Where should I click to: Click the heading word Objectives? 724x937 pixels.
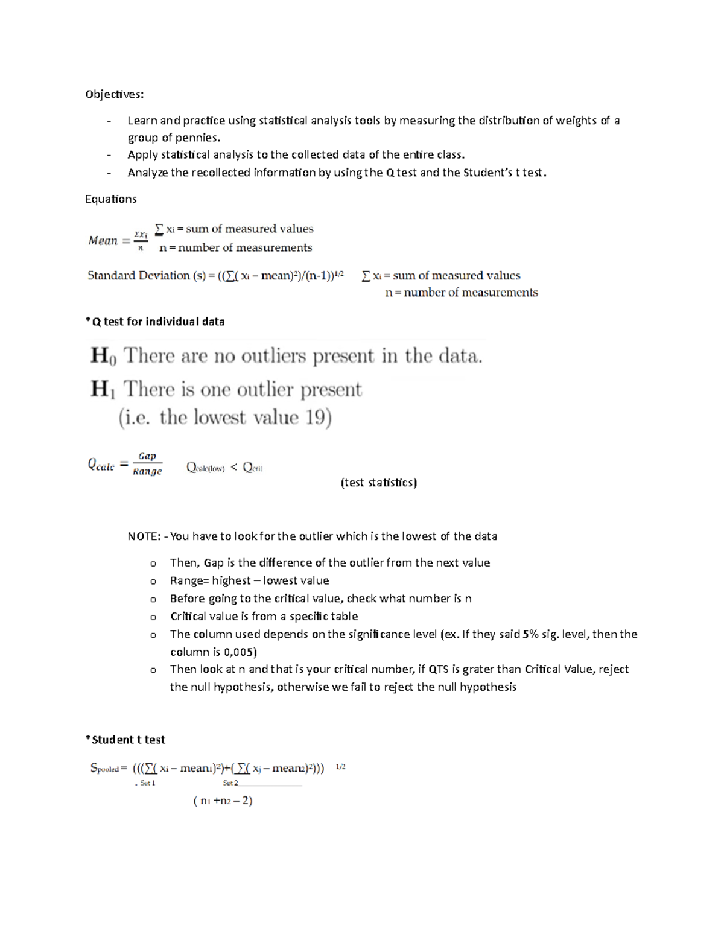coord(114,94)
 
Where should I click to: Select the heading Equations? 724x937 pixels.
coord(110,199)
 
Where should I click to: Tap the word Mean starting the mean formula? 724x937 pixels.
coord(103,241)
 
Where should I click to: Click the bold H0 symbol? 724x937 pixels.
coord(103,356)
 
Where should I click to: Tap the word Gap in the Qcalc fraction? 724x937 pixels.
coord(147,456)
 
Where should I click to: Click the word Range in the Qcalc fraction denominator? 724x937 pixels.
coord(147,472)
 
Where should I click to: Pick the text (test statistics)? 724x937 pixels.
coord(378,483)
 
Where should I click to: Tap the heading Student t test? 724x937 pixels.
coord(127,740)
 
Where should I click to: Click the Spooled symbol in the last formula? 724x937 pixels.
coord(104,769)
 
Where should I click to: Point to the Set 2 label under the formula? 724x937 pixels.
coord(230,783)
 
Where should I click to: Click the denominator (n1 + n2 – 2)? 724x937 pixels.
coord(223,801)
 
